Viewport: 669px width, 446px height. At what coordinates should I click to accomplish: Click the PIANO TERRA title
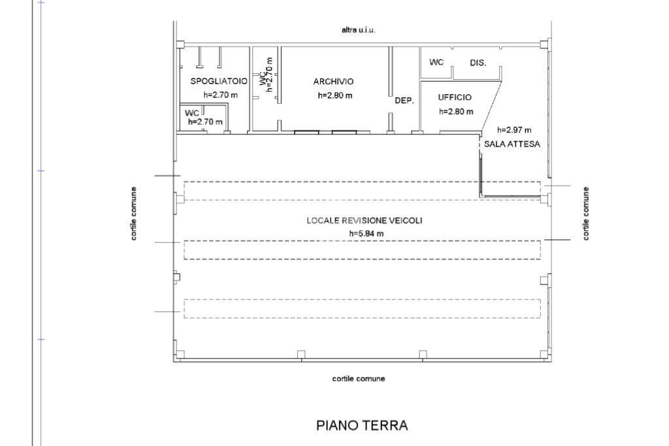point(362,425)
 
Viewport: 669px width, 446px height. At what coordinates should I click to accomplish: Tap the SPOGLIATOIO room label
point(219,81)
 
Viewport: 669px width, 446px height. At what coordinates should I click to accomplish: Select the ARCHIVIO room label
point(333,81)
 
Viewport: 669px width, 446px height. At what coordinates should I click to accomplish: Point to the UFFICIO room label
point(455,97)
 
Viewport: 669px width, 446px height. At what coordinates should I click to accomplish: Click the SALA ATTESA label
point(512,144)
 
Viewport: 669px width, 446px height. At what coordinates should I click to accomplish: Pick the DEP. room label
point(404,101)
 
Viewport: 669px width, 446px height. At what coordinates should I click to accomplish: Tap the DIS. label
point(478,63)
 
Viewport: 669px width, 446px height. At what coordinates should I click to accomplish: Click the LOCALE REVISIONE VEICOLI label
point(365,220)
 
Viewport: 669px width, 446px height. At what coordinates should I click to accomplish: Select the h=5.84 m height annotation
point(366,233)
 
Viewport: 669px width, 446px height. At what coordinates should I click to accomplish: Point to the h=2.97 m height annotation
point(515,130)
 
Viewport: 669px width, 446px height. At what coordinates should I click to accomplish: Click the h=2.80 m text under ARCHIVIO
point(335,95)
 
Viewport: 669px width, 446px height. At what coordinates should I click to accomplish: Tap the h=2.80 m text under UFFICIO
point(456,111)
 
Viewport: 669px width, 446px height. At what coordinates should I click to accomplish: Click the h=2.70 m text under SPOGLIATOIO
point(221,95)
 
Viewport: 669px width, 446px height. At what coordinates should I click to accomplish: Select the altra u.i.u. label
point(359,30)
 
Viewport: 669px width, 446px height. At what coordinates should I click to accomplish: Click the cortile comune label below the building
point(359,379)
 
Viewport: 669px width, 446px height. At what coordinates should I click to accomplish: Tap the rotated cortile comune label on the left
point(133,214)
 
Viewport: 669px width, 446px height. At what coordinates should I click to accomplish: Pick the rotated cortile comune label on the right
point(586,214)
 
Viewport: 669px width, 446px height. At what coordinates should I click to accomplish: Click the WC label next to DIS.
point(436,62)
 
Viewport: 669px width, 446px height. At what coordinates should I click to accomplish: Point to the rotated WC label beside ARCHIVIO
point(262,78)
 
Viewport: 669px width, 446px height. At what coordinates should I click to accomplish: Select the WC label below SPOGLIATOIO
point(192,113)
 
